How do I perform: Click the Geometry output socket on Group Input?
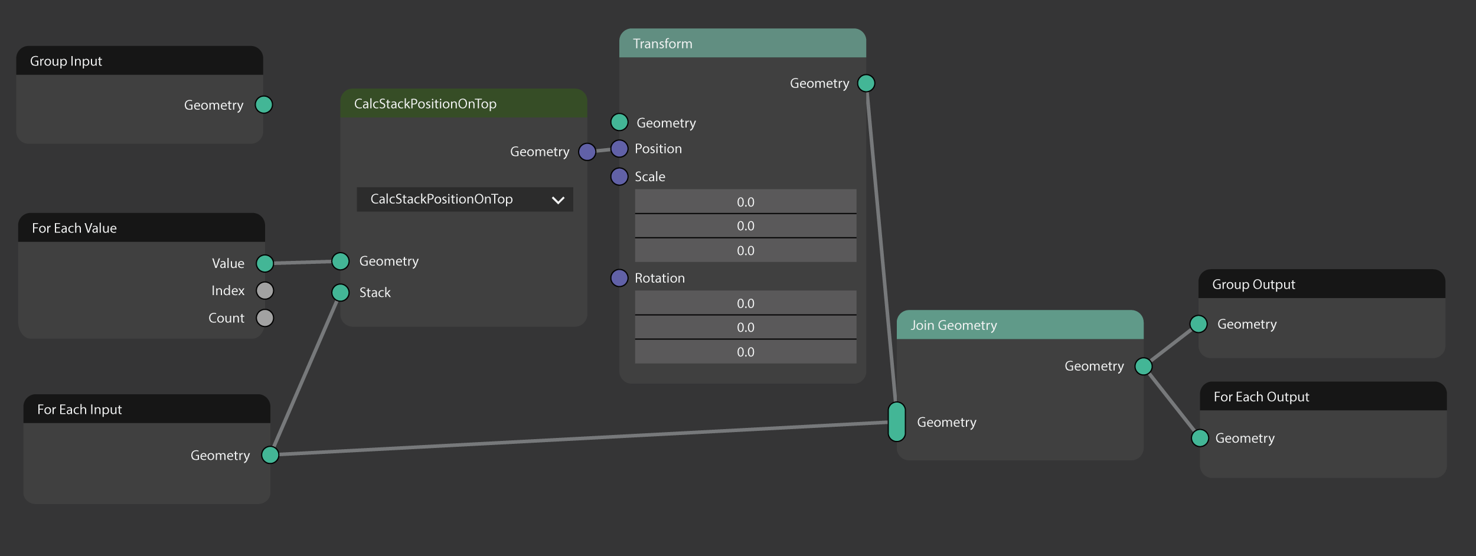tap(264, 105)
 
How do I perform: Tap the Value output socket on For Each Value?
tap(265, 263)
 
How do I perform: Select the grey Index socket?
tap(265, 290)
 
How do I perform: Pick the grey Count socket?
tap(265, 318)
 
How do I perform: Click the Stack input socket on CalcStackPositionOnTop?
tap(341, 293)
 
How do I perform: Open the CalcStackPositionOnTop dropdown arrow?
tap(558, 200)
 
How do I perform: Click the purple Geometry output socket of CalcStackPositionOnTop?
tap(587, 152)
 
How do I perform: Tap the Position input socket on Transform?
tap(619, 149)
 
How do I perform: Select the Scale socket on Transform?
tap(619, 176)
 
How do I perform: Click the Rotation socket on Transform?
tap(619, 278)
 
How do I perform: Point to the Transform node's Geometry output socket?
tap(866, 83)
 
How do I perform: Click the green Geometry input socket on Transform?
tap(619, 122)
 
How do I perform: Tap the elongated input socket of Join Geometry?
tap(897, 422)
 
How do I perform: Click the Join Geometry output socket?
tap(1144, 367)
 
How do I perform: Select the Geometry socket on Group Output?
tap(1199, 324)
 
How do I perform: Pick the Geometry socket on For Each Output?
tap(1200, 438)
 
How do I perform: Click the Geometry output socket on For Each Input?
tap(270, 455)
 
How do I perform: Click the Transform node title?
tap(662, 44)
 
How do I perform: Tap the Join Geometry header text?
tap(953, 325)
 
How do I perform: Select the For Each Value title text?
tap(74, 228)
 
